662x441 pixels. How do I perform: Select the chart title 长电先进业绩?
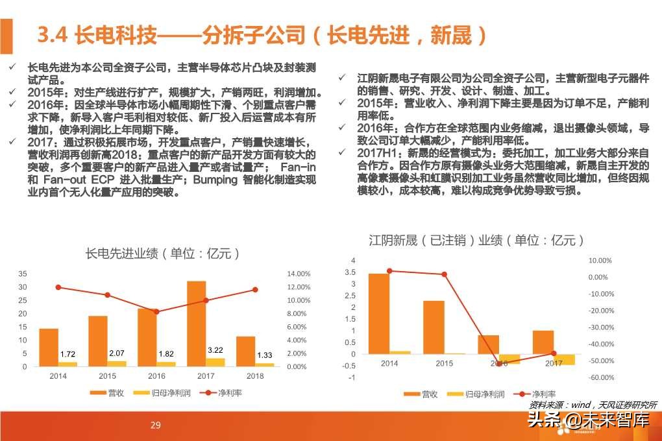click(x=163, y=254)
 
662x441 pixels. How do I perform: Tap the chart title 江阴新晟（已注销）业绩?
click(x=476, y=241)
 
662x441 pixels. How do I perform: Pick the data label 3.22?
click(x=215, y=350)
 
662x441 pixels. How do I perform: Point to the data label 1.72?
click(x=67, y=354)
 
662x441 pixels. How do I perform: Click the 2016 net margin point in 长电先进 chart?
click(x=156, y=311)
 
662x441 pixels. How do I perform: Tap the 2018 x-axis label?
click(x=255, y=376)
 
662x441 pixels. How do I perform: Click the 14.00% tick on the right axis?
click(x=299, y=274)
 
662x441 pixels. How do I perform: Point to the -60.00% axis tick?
click(x=600, y=377)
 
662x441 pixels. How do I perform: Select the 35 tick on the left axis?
click(x=23, y=274)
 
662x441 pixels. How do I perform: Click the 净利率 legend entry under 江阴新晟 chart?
click(x=533, y=394)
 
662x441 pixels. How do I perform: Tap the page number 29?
click(x=155, y=425)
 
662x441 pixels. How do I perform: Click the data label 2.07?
click(x=117, y=353)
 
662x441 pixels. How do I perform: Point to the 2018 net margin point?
click(x=255, y=289)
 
